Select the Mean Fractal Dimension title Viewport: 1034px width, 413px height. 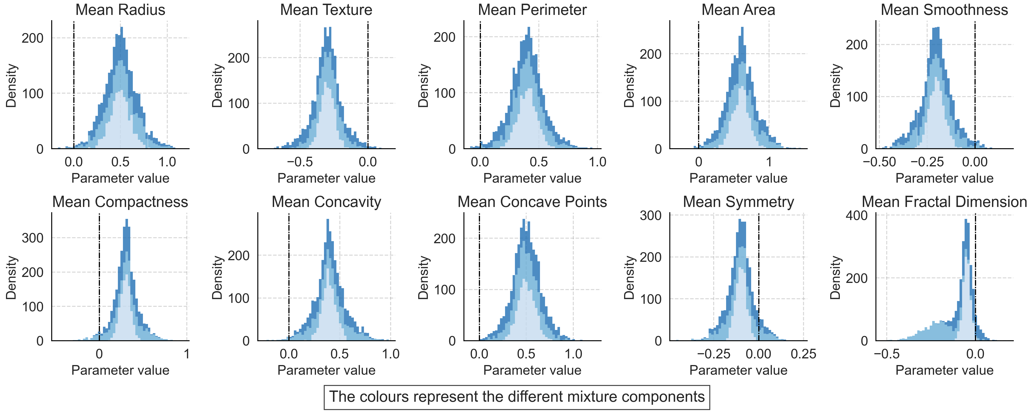[944, 202]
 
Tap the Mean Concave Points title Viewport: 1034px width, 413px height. [532, 202]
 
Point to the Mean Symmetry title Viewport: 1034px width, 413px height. [738, 202]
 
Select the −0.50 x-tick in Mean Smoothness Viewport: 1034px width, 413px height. [879, 162]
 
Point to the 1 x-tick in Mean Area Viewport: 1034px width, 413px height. [769, 162]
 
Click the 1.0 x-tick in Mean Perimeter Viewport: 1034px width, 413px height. [597, 162]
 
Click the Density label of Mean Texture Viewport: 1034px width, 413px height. [217, 85]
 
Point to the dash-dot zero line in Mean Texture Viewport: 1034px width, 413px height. [368, 80]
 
